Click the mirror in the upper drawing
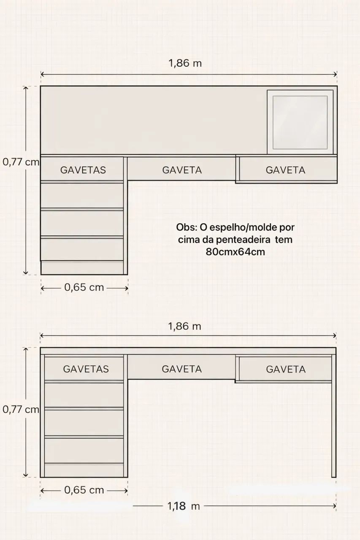point(300,122)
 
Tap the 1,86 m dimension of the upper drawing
point(185,63)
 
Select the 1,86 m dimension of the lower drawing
point(185,326)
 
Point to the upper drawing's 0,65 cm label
point(84,287)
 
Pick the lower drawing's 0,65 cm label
point(84,490)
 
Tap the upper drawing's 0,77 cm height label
point(20,162)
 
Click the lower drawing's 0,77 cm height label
point(20,409)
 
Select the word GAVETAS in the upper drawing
point(83,170)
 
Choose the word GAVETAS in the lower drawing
point(86,369)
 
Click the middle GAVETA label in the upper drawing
point(182,170)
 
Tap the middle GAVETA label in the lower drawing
point(182,369)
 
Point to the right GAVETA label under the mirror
point(285,170)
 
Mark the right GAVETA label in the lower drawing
point(285,369)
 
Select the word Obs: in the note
point(186,227)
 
